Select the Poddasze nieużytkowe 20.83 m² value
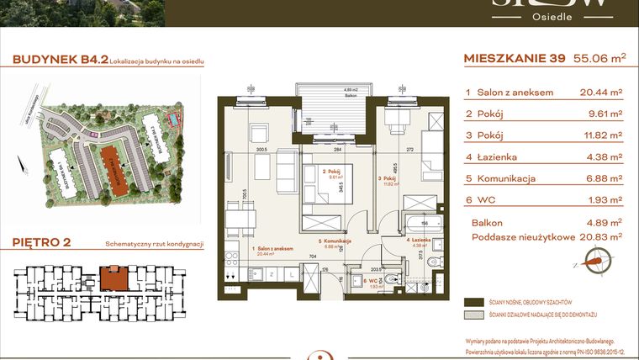(x=603, y=237)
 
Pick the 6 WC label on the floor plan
(x=372, y=279)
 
